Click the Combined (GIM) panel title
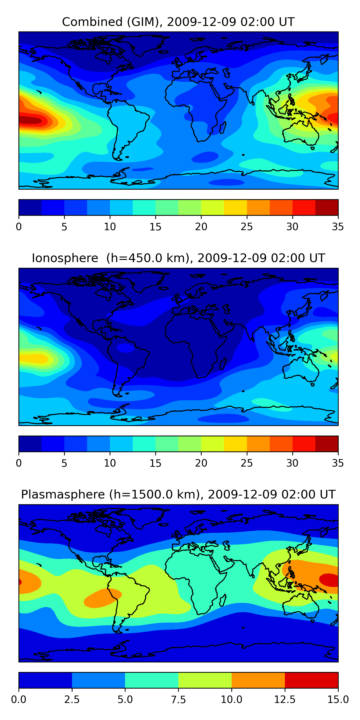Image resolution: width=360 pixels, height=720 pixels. [x=178, y=22]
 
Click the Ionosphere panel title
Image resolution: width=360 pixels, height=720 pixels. [x=178, y=258]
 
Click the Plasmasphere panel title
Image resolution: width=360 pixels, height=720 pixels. [x=178, y=494]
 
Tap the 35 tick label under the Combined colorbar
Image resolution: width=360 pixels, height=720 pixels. [x=338, y=227]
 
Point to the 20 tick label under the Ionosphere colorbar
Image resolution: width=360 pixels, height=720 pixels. [x=201, y=463]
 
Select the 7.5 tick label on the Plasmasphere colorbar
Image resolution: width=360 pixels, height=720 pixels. [x=178, y=699]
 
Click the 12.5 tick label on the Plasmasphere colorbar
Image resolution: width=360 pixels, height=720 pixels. [x=285, y=699]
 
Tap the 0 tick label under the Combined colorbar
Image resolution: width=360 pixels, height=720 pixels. [x=19, y=227]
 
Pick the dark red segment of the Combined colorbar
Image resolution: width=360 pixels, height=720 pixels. [x=326, y=207]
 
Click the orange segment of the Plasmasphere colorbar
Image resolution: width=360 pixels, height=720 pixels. [x=258, y=680]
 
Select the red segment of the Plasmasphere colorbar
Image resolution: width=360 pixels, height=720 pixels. [x=311, y=680]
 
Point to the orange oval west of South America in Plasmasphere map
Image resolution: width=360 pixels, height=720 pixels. [x=102, y=598]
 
